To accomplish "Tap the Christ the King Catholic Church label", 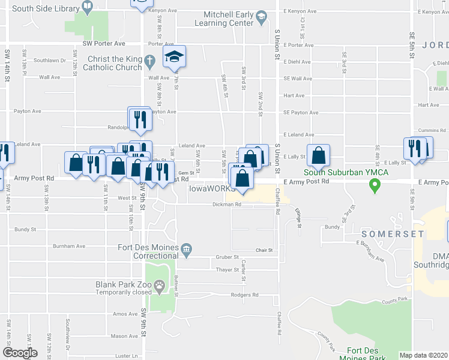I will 115,63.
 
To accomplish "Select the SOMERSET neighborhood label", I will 391,234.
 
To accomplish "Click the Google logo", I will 20,353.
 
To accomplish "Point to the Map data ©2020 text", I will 423,355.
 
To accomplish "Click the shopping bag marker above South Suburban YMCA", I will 318,156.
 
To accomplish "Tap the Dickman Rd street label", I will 226,205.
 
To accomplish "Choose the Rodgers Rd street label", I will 244,295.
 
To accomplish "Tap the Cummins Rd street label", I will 427,130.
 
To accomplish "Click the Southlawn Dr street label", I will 49,60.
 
